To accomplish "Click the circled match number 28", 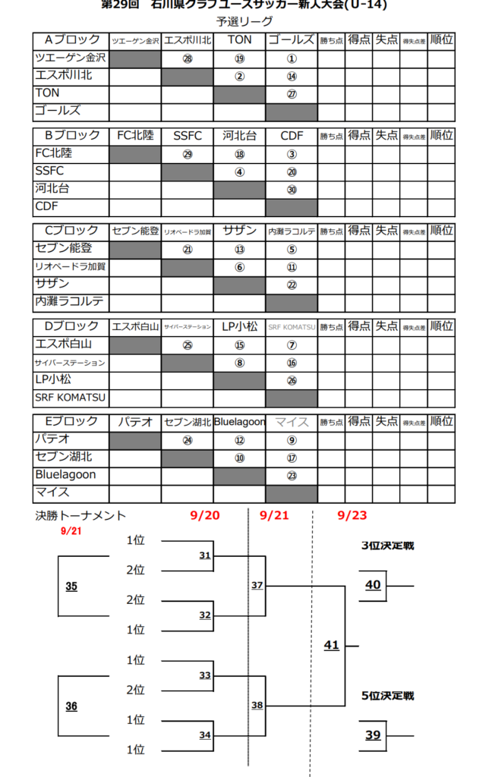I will coord(188,58).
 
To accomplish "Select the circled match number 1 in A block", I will coord(292,58).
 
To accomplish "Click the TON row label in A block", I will coord(47,93).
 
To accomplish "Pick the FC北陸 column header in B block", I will coord(135,136).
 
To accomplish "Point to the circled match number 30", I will coord(292,190).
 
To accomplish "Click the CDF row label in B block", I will coord(47,206).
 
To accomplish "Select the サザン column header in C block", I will coord(239,231).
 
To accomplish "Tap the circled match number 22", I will coord(292,285).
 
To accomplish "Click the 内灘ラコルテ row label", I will coord(69,301).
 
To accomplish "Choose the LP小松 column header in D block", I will coord(239,326).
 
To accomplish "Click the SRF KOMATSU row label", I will coord(70,397).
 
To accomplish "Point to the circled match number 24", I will coord(188,439).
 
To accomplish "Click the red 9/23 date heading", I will coord(352,516).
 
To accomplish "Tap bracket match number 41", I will coord(331,646).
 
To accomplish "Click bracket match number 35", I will coord(71,587).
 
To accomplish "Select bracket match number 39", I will coord(373,735).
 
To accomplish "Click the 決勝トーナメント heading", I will coord(80,516).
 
